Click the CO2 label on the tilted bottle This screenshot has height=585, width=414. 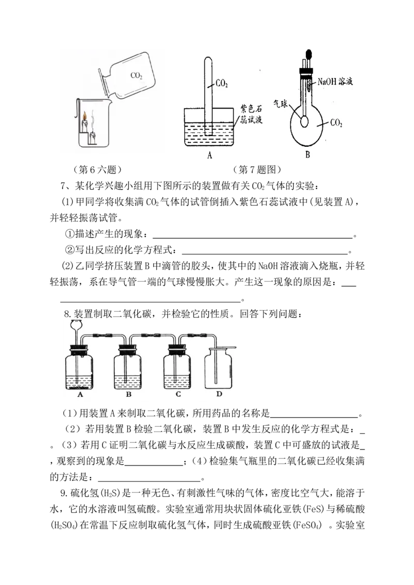137,75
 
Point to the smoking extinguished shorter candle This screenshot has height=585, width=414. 94,137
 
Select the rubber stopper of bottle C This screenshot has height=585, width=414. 178,348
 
